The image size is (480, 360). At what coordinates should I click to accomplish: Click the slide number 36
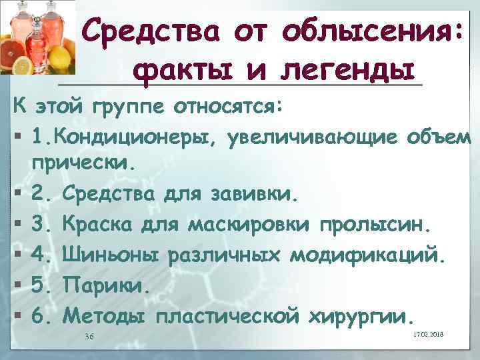pyautogui.click(x=89, y=336)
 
